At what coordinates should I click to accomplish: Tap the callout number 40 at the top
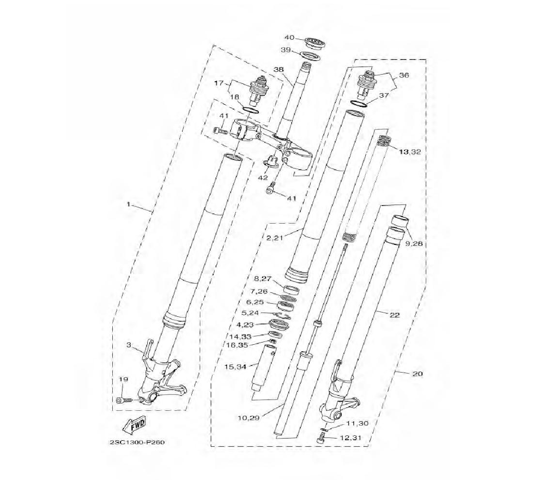coord(289,37)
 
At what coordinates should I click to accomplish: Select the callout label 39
coord(286,50)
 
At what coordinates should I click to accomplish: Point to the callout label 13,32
coord(410,152)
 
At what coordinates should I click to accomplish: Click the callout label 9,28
coord(414,243)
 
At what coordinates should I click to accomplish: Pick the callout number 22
coord(395,315)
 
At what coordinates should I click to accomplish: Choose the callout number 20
coord(417,374)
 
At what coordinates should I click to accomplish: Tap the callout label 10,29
coord(249,418)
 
